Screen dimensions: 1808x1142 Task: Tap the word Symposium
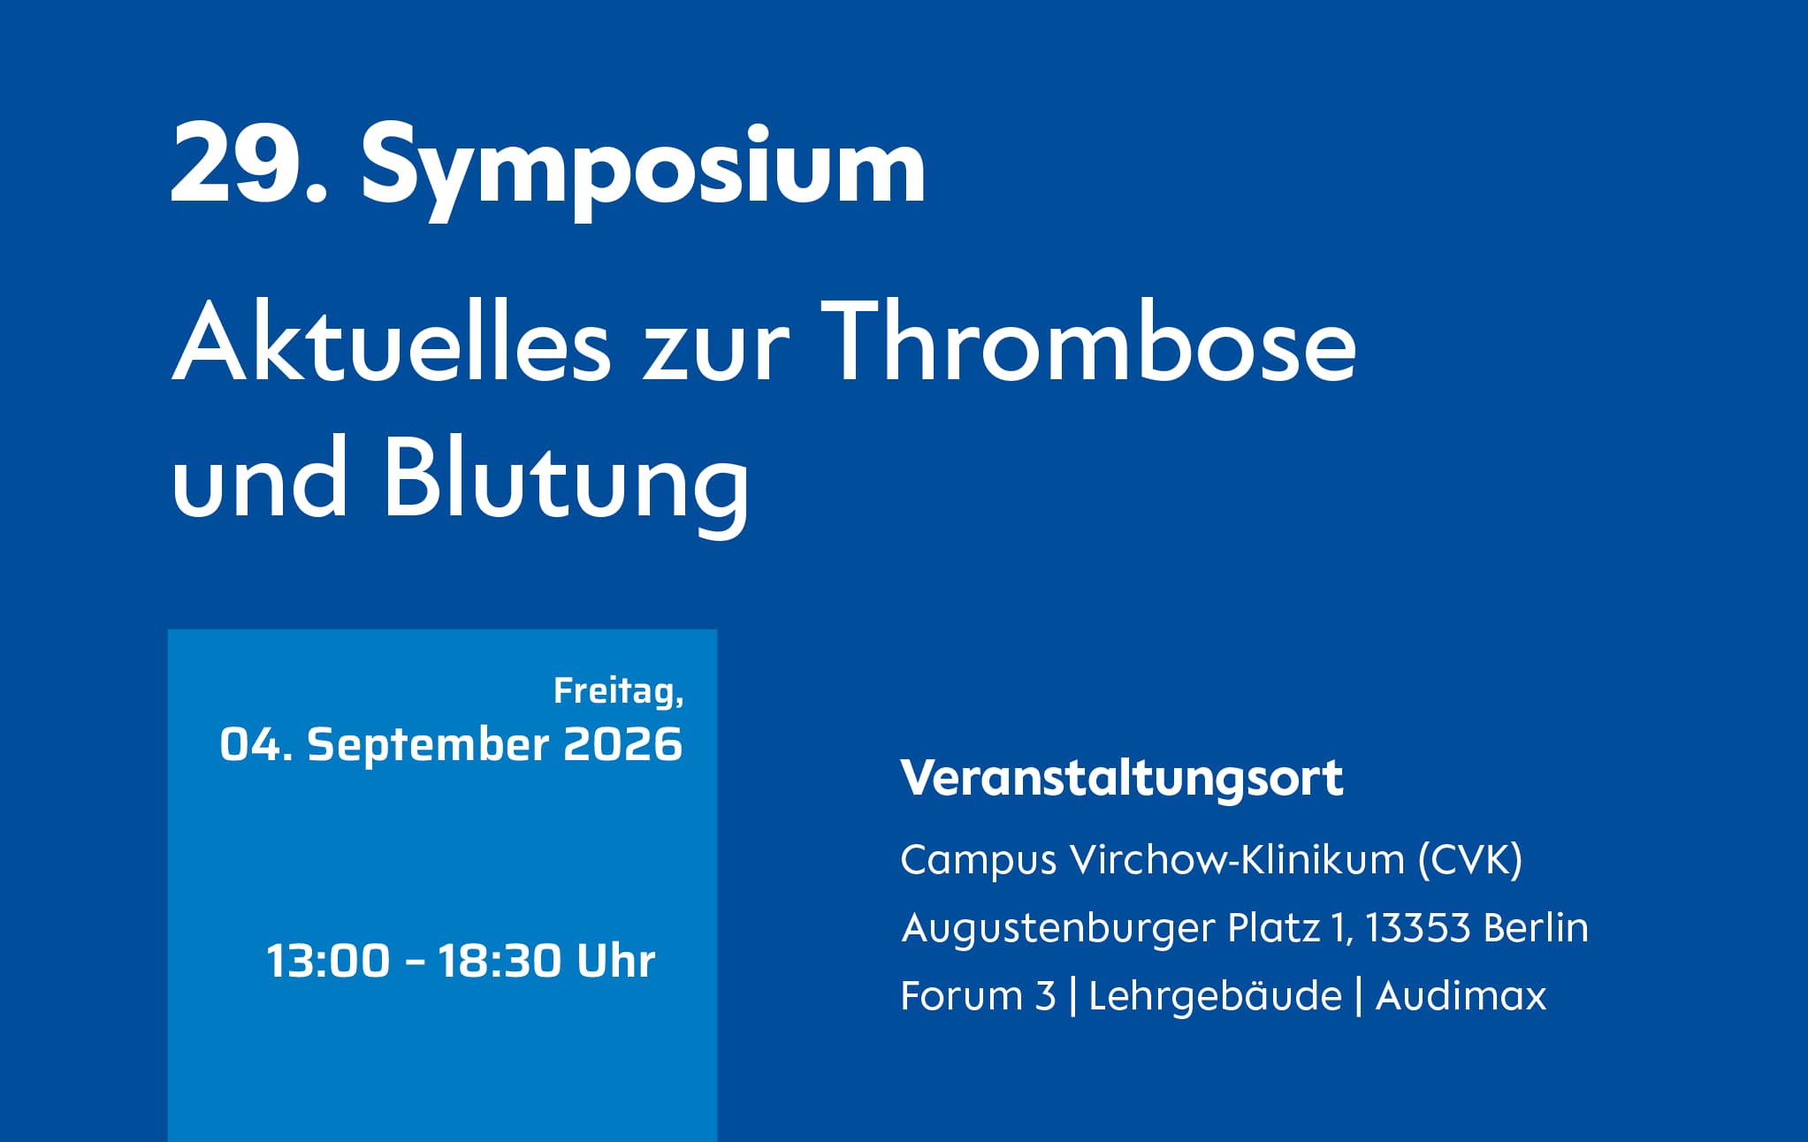point(644,170)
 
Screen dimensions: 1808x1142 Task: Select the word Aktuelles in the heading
point(392,341)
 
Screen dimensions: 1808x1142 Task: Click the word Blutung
point(567,481)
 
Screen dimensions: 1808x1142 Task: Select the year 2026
point(623,744)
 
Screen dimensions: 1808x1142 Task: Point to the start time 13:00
point(328,961)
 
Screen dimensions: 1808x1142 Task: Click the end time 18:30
point(500,961)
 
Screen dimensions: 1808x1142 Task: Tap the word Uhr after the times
point(616,961)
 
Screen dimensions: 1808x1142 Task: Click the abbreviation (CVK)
point(1470,859)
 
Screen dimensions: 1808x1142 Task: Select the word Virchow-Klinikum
point(1237,859)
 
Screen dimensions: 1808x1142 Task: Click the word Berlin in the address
point(1537,928)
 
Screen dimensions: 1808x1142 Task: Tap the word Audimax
point(1461,996)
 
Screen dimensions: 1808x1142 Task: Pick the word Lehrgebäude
point(1216,996)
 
